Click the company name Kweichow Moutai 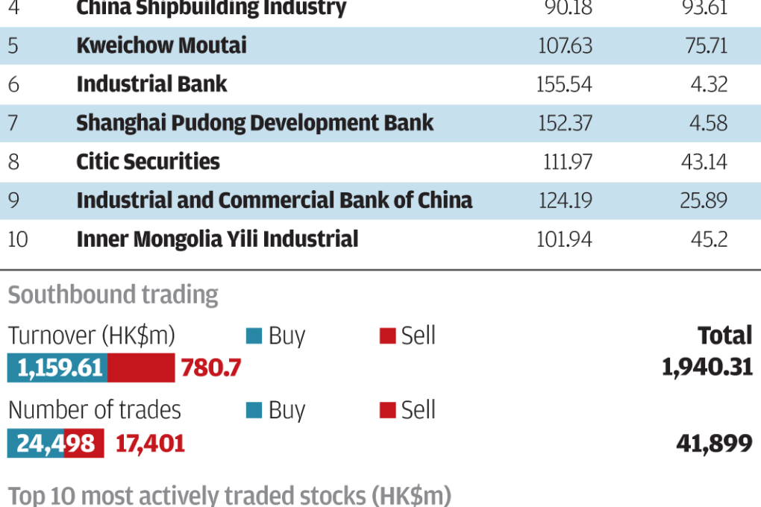(161, 45)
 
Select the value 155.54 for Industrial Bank (564, 84)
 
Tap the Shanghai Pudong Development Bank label (254, 123)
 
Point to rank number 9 (13, 201)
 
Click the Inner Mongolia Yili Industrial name (217, 239)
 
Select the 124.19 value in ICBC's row (564, 201)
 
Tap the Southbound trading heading (113, 295)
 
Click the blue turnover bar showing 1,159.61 (57, 368)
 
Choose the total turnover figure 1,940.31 (707, 368)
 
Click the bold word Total (725, 336)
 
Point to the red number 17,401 (150, 444)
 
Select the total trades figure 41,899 (714, 444)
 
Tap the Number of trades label (95, 410)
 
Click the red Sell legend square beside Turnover (387, 336)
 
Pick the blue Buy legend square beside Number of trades (254, 410)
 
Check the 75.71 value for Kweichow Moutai (706, 45)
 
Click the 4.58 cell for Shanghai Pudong (708, 123)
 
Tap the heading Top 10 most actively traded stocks (230, 496)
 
